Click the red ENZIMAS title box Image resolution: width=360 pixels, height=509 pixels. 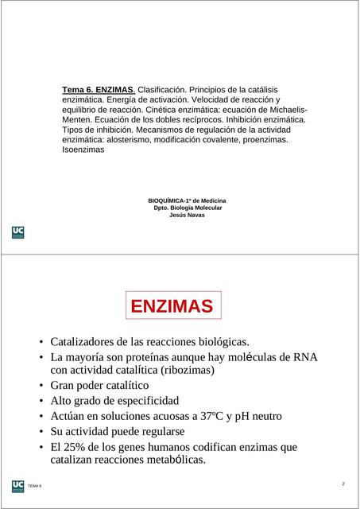click(x=172, y=306)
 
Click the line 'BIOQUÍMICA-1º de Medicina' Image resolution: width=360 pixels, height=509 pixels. click(x=187, y=200)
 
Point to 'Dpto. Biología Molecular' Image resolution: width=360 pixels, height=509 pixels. click(x=188, y=208)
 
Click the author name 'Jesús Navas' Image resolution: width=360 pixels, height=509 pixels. click(x=187, y=215)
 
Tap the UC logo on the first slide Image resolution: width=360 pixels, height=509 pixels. click(x=18, y=232)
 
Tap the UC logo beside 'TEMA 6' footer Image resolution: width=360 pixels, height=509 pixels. click(x=17, y=485)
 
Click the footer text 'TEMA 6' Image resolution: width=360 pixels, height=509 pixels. click(x=35, y=486)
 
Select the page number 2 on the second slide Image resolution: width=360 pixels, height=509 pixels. click(x=343, y=484)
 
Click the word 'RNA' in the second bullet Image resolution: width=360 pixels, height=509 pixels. click(x=305, y=357)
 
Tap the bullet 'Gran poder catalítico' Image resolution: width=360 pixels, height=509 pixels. click(x=99, y=386)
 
